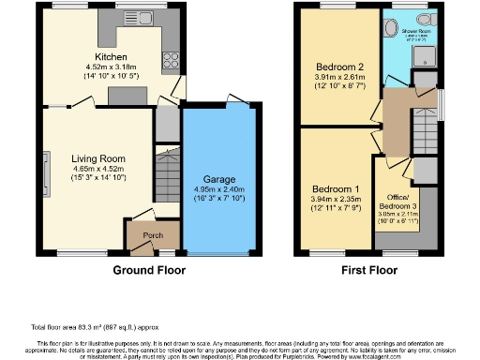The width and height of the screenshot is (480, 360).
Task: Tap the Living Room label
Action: pyautogui.click(x=98, y=158)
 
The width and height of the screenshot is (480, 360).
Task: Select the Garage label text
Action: pyautogui.click(x=219, y=179)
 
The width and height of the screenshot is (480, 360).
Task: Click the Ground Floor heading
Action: pyautogui.click(x=149, y=270)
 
